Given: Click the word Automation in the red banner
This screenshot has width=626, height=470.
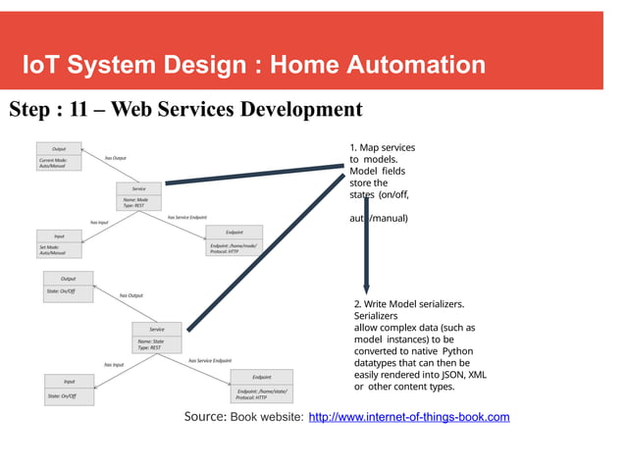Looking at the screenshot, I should [x=423, y=66].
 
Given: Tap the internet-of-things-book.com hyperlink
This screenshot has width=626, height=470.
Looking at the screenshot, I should [x=409, y=418].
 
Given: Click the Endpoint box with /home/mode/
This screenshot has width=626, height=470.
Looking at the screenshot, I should [x=234, y=241].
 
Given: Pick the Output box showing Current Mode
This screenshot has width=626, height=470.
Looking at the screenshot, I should [x=59, y=158].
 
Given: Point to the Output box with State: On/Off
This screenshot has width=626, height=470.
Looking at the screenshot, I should [x=68, y=286].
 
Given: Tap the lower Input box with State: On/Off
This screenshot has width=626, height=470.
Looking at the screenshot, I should [x=69, y=389].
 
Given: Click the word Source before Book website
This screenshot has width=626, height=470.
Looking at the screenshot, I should [x=206, y=418].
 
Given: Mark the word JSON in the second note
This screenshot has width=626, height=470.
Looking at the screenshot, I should [x=449, y=374].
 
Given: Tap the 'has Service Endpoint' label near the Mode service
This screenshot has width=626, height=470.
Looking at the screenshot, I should [x=187, y=217].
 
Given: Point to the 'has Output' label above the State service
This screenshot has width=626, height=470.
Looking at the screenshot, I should [x=130, y=295].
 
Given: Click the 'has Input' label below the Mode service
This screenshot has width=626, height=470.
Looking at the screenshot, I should [x=99, y=223].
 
